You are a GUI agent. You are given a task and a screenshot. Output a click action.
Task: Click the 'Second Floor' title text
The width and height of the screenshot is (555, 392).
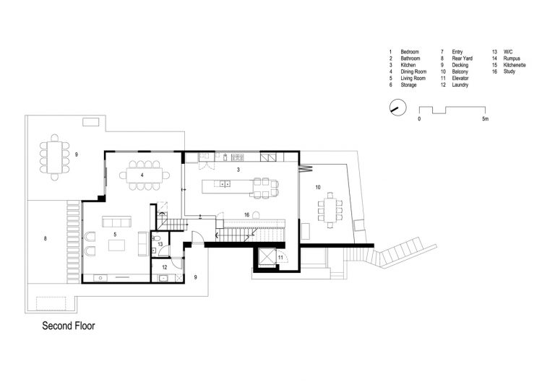tap(69, 326)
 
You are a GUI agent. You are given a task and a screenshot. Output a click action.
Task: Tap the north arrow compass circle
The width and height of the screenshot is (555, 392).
tap(398, 107)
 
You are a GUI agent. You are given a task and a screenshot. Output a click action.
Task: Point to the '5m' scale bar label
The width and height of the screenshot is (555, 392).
tap(486, 119)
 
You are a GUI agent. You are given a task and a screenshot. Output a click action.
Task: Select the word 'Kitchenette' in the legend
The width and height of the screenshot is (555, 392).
tap(515, 65)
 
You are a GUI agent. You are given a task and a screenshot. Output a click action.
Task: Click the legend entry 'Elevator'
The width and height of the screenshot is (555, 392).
tap(460, 78)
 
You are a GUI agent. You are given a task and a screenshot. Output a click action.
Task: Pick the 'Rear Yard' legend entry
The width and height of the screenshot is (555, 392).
tap(462, 58)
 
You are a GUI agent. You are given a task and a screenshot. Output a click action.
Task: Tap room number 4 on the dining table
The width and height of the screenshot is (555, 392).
tap(142, 175)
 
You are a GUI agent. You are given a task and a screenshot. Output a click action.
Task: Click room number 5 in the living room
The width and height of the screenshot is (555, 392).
tap(115, 235)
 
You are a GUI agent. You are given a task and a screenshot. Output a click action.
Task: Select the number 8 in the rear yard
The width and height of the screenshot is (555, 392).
tap(46, 239)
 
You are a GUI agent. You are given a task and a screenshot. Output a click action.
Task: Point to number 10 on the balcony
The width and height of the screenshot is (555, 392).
tap(318, 188)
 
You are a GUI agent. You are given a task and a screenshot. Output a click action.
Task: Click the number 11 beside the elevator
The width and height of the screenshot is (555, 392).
tap(280, 258)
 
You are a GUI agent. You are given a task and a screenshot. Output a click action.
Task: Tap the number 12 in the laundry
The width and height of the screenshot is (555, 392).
tap(165, 268)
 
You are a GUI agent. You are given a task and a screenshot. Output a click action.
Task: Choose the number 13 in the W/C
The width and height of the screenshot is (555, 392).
tap(160, 244)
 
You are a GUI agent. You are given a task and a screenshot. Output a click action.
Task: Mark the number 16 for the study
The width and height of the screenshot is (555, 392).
tap(246, 214)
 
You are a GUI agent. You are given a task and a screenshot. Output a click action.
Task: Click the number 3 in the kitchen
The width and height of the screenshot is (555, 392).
tap(238, 170)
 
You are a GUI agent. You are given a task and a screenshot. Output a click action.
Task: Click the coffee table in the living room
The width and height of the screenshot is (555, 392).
tap(116, 245)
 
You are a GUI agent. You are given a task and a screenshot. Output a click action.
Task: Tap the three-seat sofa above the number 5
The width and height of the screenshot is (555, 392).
tap(116, 222)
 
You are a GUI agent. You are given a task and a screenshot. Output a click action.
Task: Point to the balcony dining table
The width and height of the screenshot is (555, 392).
tap(330, 210)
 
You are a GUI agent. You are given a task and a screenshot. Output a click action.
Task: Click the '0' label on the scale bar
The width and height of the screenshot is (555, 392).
tap(419, 119)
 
